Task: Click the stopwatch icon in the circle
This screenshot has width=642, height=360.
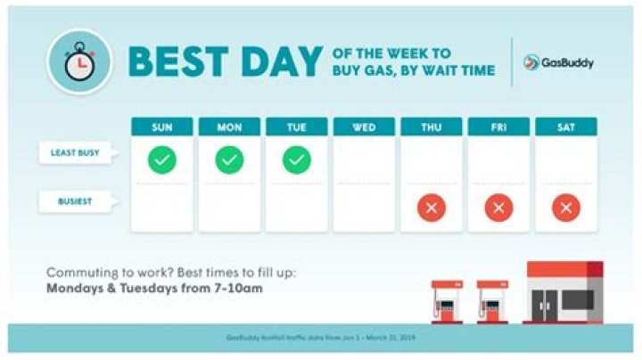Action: coord(79,61)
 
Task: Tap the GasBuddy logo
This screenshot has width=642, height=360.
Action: coord(559,63)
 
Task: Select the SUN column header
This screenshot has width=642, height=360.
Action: coord(162,127)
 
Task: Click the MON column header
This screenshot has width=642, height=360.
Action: coord(229,127)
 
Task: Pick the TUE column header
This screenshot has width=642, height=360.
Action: coord(297,127)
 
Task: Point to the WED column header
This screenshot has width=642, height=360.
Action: coord(364,127)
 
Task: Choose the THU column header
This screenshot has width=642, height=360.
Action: coord(432,127)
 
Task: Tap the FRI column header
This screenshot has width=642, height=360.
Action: coord(498,127)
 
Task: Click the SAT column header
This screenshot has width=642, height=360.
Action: coord(565,127)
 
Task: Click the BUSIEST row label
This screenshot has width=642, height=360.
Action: coord(75,202)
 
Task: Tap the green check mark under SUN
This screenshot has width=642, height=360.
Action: coord(162,160)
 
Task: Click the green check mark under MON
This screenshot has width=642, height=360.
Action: coord(229,160)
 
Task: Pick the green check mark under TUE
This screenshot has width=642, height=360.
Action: coord(297,160)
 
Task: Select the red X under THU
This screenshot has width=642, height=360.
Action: coord(432,209)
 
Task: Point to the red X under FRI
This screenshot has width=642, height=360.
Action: coord(498,209)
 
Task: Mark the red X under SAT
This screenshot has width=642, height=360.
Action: coord(565,209)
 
